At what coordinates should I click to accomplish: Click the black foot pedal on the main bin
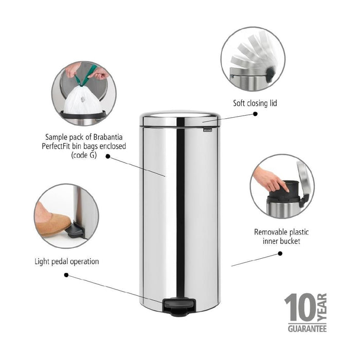(x=174, y=307)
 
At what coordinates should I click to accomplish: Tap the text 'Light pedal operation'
(x=67, y=261)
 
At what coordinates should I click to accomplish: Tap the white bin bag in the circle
(x=82, y=100)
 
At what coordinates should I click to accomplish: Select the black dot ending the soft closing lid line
(x=256, y=115)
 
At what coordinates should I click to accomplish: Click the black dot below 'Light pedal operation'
(x=66, y=276)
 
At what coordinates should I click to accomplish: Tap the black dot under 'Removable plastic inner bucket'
(x=280, y=253)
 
